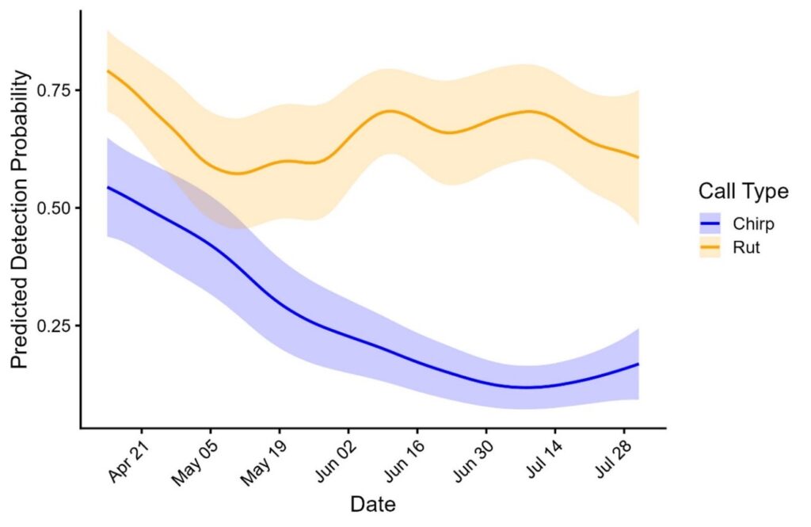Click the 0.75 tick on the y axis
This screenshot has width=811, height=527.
[x=56, y=90]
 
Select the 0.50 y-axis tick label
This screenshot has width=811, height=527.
[x=56, y=208]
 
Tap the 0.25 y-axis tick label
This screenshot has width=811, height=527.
[x=56, y=327]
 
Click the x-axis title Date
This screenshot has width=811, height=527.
[x=373, y=503]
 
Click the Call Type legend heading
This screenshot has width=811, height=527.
[x=743, y=191]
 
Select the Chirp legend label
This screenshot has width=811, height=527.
[x=753, y=224]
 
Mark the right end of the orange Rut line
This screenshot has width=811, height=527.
[x=638, y=157]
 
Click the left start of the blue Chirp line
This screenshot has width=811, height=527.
[x=108, y=187]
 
